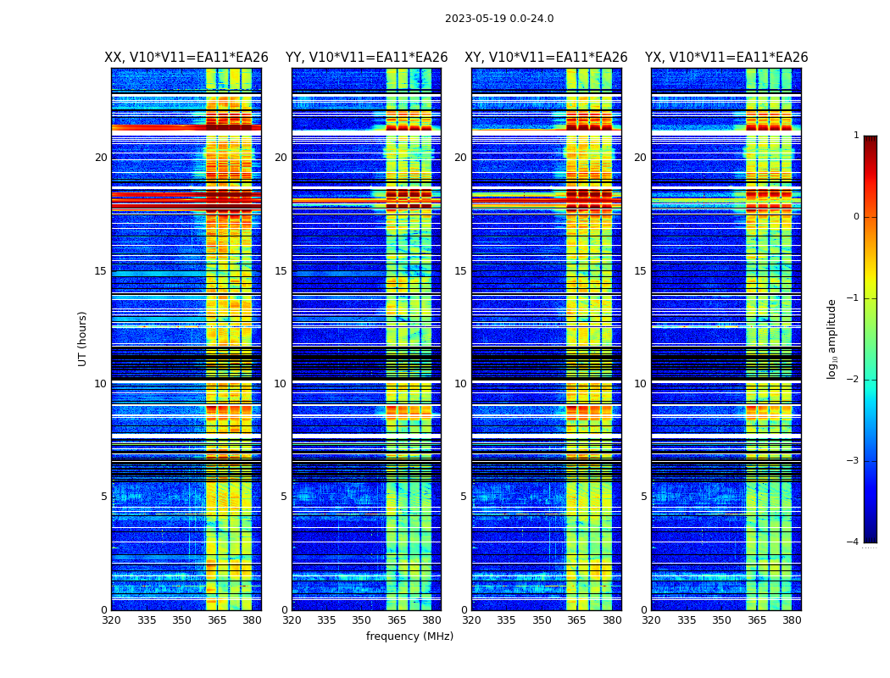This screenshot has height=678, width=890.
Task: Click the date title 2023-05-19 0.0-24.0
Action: [499, 19]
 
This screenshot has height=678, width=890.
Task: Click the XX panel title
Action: [186, 58]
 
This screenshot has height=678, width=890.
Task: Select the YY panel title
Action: [366, 58]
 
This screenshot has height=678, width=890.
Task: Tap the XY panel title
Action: [546, 58]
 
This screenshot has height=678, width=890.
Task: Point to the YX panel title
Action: [726, 58]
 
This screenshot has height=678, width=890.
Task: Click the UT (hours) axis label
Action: [83, 338]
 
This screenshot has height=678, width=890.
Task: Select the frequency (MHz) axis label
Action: [409, 636]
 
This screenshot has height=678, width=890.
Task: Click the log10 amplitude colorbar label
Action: [832, 338]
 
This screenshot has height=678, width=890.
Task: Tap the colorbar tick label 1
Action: [856, 136]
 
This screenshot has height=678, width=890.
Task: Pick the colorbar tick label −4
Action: [854, 542]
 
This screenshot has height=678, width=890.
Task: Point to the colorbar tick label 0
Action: [856, 217]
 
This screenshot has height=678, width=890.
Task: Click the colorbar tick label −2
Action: [854, 380]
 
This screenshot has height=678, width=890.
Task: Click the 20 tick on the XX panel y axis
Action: [101, 158]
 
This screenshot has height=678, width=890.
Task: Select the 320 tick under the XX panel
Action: [111, 620]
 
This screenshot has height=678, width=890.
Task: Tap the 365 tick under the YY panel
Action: [397, 620]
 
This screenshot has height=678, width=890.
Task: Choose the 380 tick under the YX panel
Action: [792, 620]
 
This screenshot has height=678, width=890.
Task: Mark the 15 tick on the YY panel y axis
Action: [281, 271]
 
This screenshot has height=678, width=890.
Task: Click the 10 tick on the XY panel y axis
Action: [460, 384]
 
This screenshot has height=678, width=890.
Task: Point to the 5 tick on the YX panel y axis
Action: [644, 497]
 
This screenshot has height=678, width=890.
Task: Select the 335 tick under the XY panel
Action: [506, 620]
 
